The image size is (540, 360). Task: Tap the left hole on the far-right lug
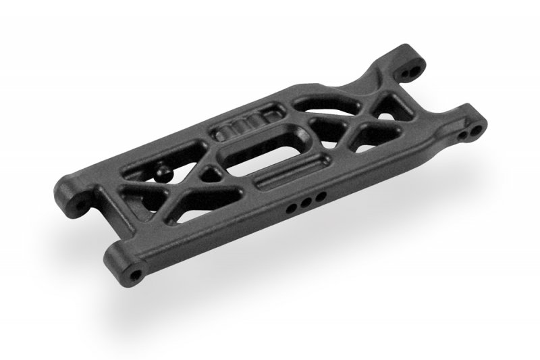464,135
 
